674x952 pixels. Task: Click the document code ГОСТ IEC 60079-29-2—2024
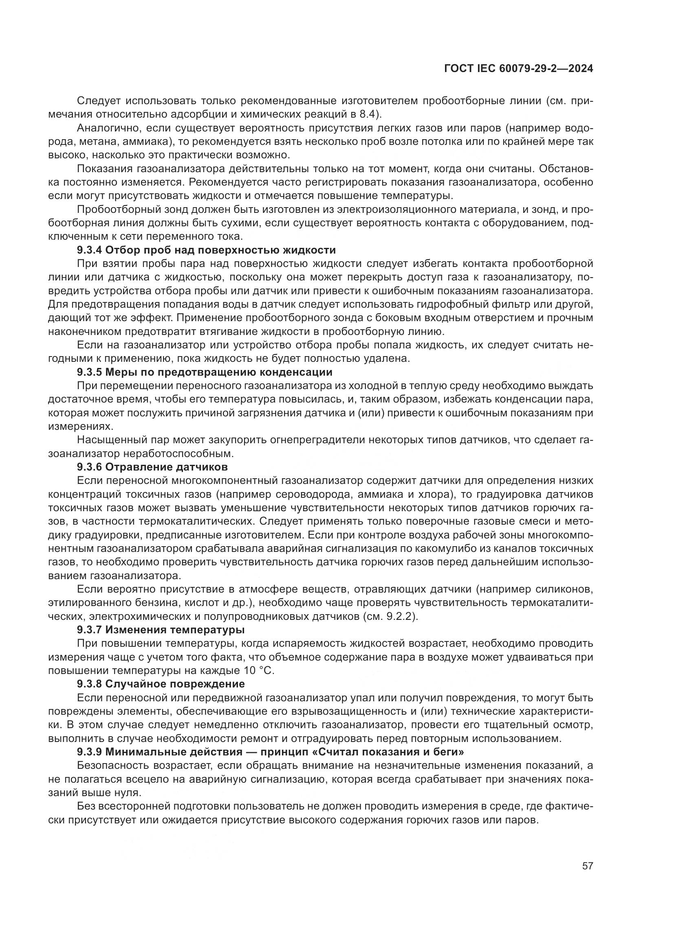(518, 69)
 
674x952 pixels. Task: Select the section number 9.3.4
(89, 250)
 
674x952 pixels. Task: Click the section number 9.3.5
(89, 372)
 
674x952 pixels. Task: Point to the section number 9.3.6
(89, 467)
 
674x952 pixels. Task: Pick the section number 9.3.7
(89, 630)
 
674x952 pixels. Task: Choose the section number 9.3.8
(89, 684)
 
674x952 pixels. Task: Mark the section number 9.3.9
(89, 752)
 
